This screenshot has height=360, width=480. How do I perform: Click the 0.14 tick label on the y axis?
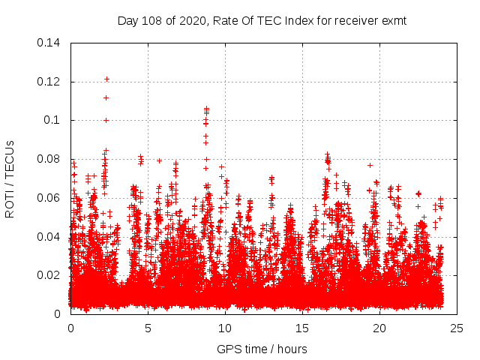click(x=49, y=43)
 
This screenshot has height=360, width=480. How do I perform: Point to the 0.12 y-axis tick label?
click(x=49, y=82)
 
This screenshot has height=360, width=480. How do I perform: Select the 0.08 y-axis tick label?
click(x=49, y=159)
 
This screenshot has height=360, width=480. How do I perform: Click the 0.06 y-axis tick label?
click(x=49, y=198)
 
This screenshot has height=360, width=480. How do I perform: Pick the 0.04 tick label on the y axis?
click(x=49, y=237)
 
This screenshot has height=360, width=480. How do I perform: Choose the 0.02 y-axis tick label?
click(x=49, y=275)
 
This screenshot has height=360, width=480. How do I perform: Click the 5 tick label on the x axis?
click(x=148, y=328)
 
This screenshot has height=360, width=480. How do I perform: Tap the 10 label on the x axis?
click(x=226, y=328)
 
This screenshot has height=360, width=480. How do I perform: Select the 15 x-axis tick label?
click(x=303, y=328)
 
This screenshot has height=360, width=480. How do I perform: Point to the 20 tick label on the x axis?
click(x=380, y=328)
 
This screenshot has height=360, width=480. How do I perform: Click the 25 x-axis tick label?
click(x=457, y=328)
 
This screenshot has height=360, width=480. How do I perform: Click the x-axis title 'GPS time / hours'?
click(x=262, y=349)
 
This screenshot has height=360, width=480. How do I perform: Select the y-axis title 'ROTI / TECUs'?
click(x=10, y=178)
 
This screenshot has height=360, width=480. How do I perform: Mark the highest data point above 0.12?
click(x=106, y=79)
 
